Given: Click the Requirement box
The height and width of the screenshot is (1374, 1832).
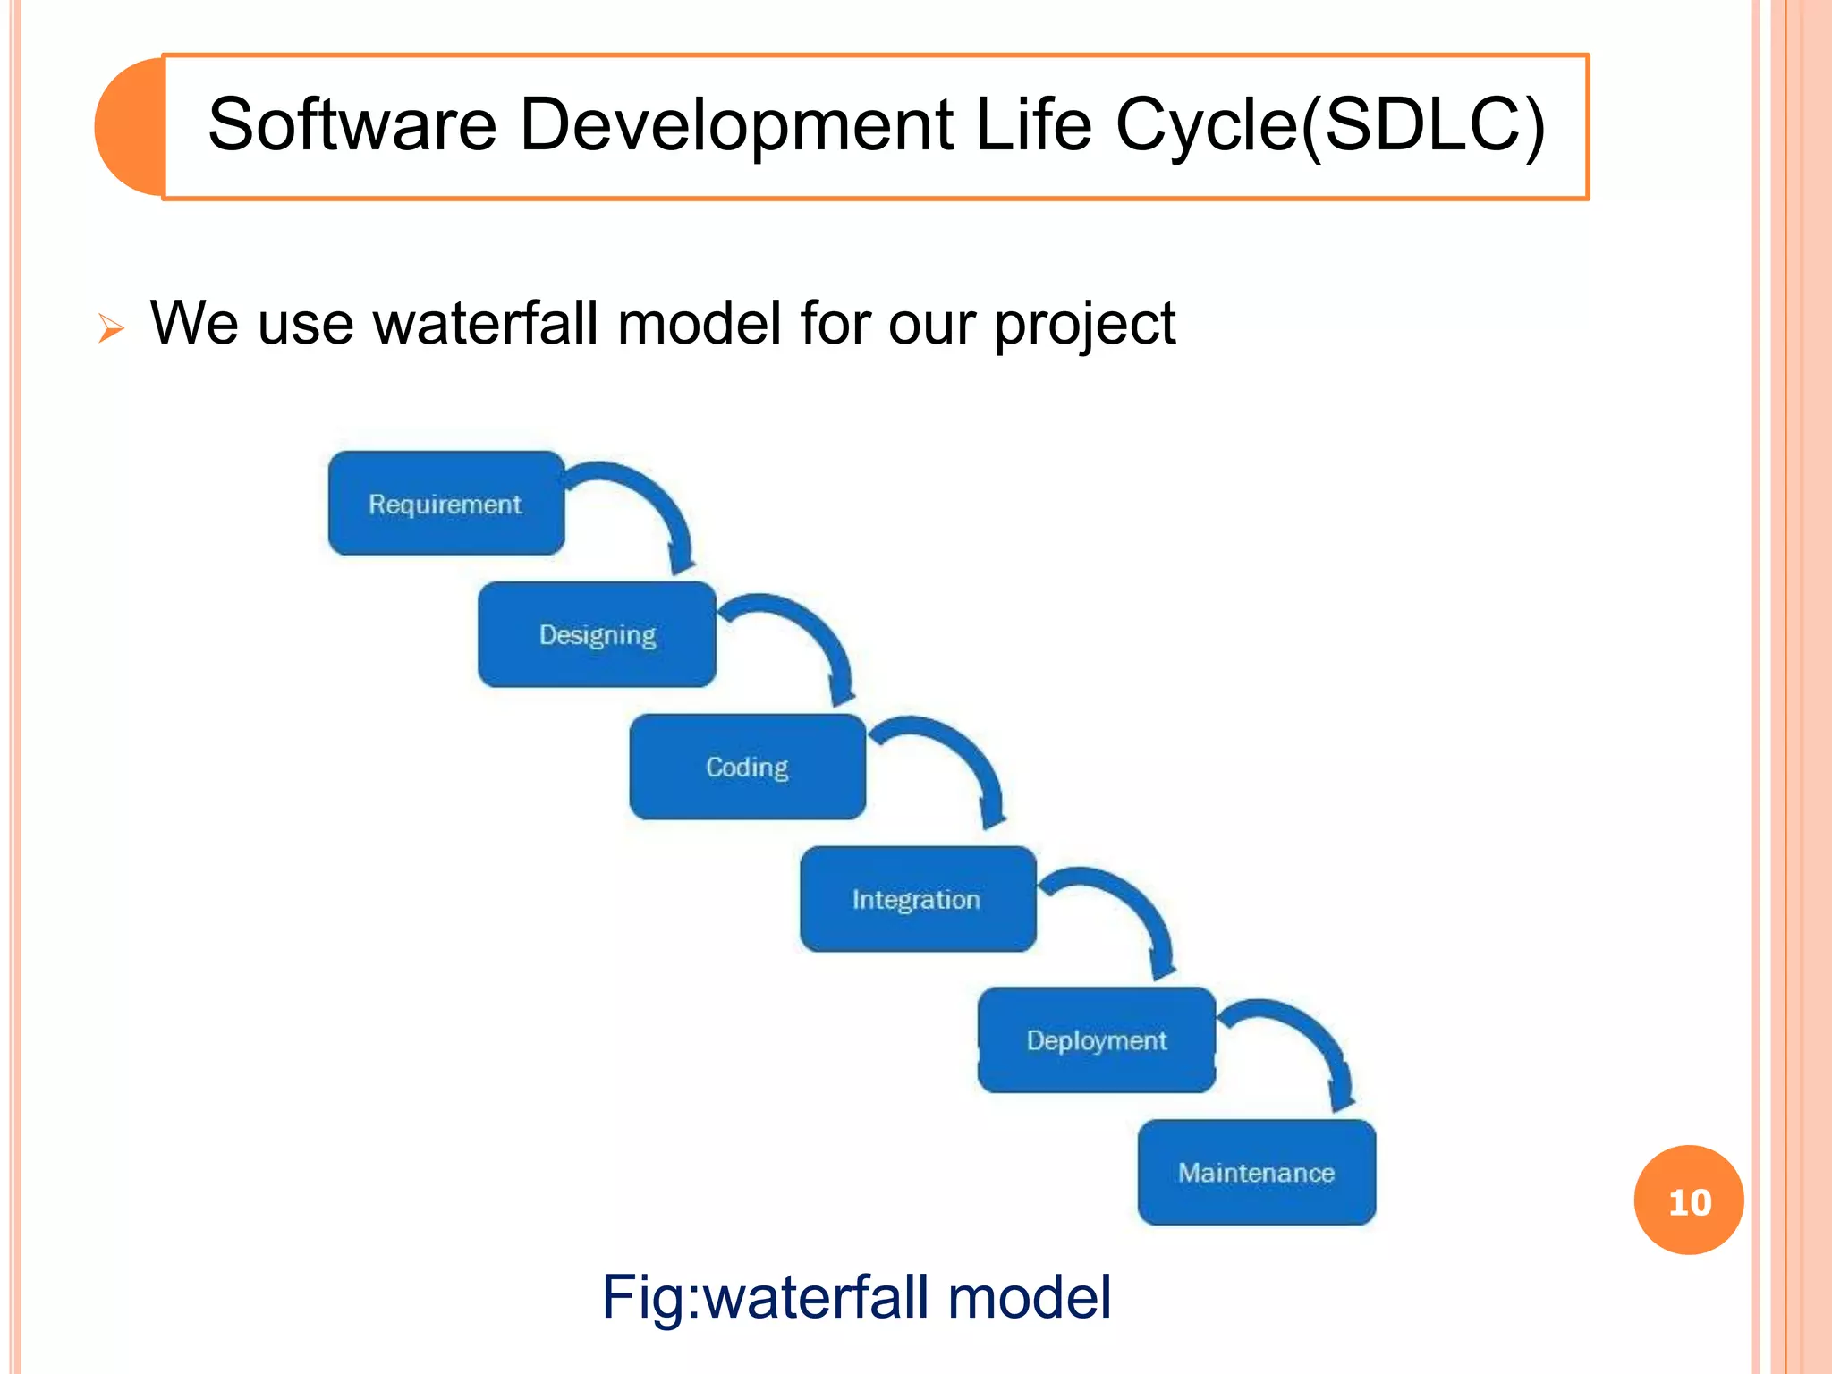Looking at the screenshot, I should [x=445, y=504].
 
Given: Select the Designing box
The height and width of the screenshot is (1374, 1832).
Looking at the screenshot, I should [x=597, y=634].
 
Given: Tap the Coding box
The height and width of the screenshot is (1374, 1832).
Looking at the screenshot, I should [x=747, y=767].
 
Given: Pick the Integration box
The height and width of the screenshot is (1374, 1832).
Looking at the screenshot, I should [x=917, y=899].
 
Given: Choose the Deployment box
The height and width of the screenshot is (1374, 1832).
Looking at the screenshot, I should [x=1096, y=1040].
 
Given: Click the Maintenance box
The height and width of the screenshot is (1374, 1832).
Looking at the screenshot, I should [x=1256, y=1172].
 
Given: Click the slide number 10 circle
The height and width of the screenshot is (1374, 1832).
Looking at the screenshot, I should [x=1688, y=1200].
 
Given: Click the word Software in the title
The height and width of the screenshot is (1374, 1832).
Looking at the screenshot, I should [x=352, y=125].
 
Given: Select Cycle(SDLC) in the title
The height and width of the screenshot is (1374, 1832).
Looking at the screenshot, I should [x=1330, y=125].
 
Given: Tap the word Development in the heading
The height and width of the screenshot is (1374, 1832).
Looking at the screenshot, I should [x=736, y=125].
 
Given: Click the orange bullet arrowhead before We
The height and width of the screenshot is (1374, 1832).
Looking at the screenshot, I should [x=111, y=328].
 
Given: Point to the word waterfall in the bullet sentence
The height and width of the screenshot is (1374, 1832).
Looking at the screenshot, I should [x=486, y=323].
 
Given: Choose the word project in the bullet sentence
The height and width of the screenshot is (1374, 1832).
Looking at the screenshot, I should [x=1084, y=325].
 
